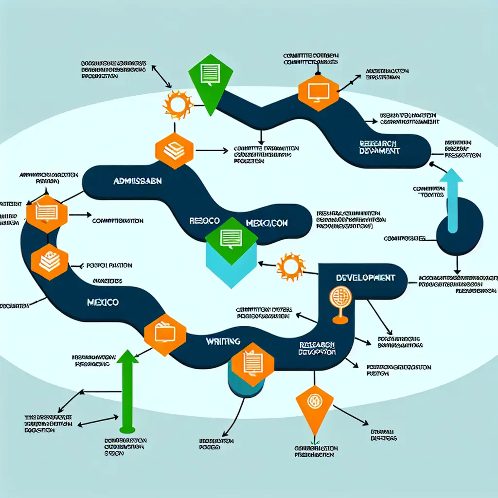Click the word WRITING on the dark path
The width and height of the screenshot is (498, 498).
pyautogui.click(x=223, y=341)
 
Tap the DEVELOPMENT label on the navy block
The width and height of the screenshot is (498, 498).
pyautogui.click(x=365, y=278)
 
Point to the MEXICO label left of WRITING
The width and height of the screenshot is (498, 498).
pyautogui.click(x=103, y=302)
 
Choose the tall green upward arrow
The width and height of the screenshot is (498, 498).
pyautogui.click(x=127, y=389)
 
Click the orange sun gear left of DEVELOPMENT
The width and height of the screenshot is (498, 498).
pyautogui.click(x=291, y=266)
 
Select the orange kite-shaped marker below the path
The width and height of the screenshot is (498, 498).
pyautogui.click(x=314, y=405)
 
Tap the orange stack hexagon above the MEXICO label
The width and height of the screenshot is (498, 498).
pyautogui.click(x=50, y=262)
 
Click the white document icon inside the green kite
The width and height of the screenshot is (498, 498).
pyautogui.click(x=210, y=74)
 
